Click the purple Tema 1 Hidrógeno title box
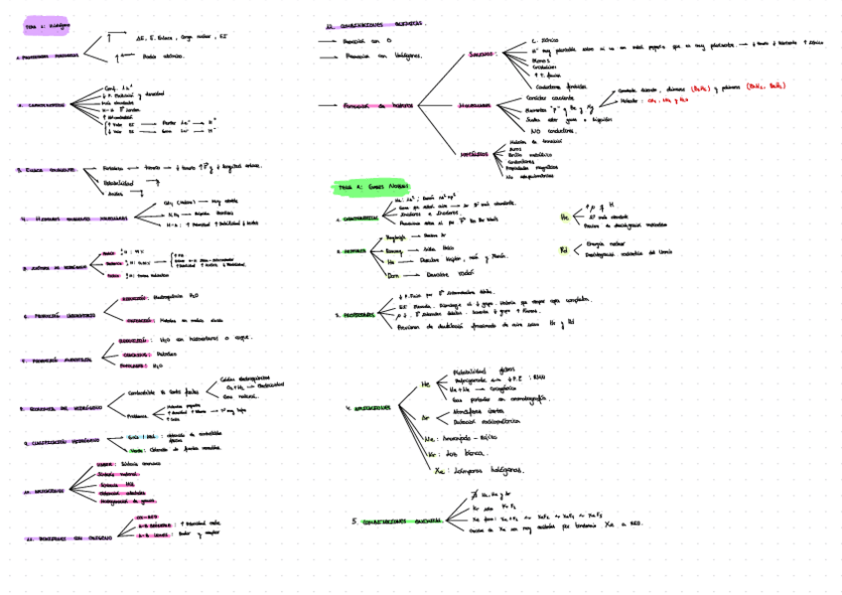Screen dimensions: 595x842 (44, 29)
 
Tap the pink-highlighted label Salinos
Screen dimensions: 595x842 (483, 55)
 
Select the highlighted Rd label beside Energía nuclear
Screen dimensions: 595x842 (564, 249)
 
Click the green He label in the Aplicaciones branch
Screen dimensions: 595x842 (427, 382)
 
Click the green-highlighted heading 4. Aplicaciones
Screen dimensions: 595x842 (367, 408)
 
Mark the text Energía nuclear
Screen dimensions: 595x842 (606, 243)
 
